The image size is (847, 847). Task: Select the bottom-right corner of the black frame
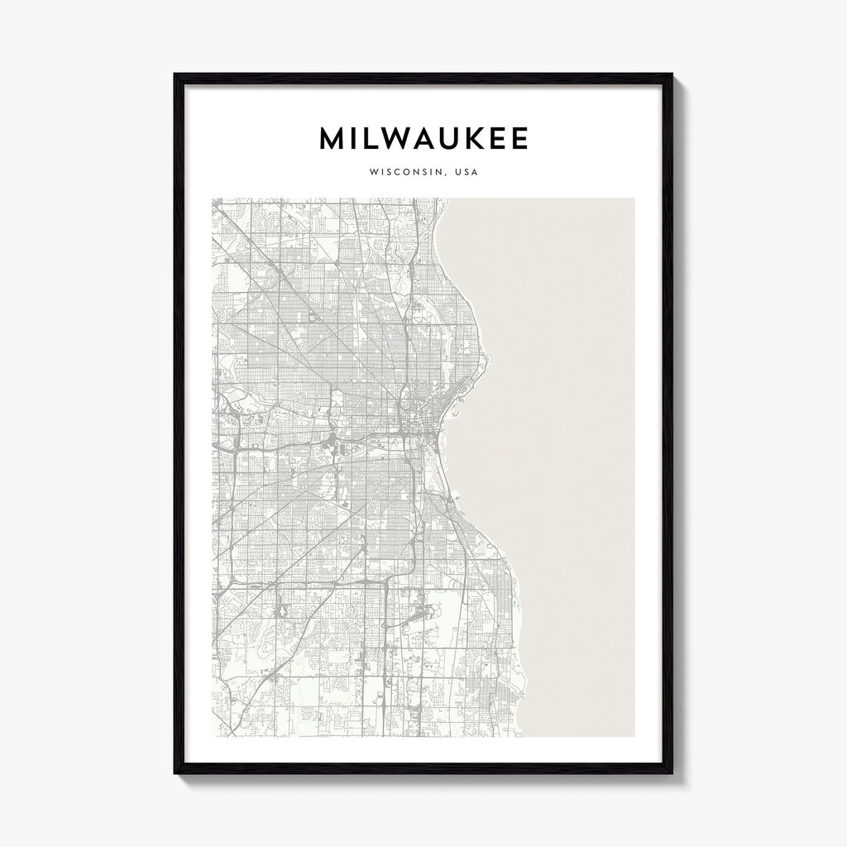pyautogui.click(x=672, y=773)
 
